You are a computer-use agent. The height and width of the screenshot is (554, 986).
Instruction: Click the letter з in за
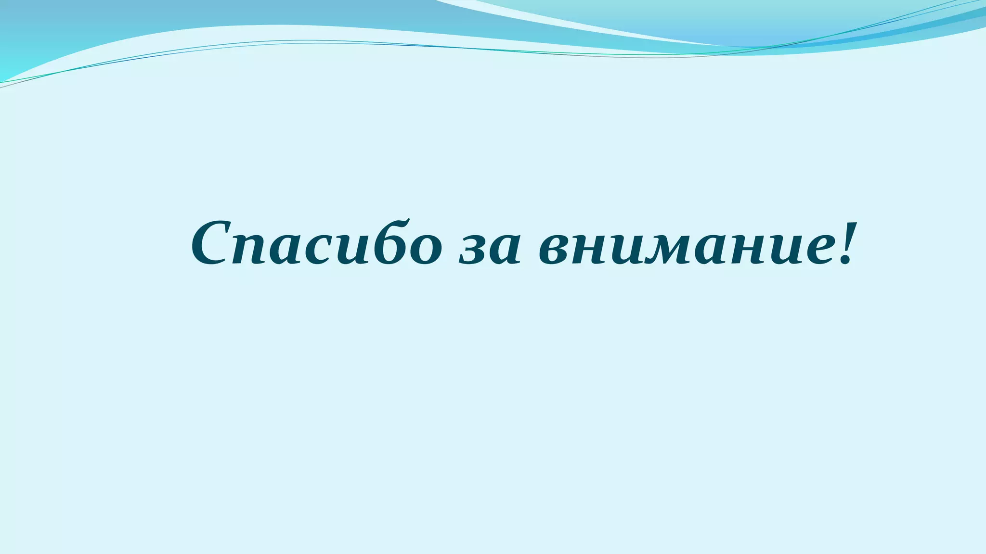(472, 250)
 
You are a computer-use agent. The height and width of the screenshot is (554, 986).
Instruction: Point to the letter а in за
(504, 250)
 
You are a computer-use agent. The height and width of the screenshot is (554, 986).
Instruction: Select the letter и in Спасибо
(345, 250)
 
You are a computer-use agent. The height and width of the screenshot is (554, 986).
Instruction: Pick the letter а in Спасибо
(283, 250)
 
